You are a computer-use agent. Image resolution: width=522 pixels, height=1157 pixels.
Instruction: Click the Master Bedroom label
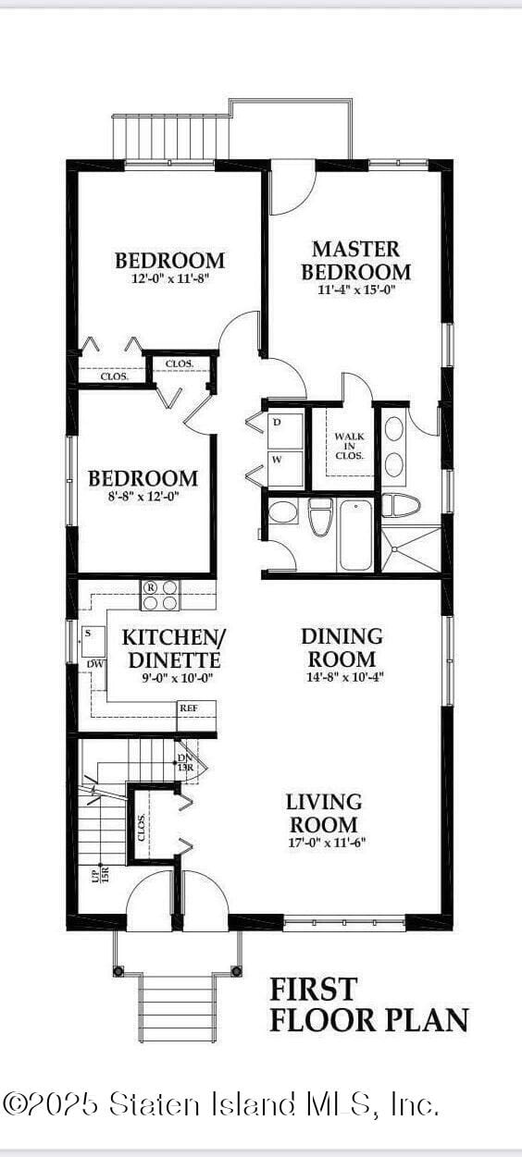pos(356,260)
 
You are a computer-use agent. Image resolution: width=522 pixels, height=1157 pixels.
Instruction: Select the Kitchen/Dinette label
pos(174,648)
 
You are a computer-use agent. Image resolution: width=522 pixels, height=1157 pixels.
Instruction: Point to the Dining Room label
pos(342,647)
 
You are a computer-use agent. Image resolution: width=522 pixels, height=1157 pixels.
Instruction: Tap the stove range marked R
pos(160,596)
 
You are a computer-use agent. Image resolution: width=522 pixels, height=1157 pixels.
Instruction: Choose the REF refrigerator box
pos(196,715)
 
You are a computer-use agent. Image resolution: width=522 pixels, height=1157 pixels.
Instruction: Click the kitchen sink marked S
pos(93,642)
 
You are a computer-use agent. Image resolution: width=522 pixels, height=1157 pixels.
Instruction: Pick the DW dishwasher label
pos(94,664)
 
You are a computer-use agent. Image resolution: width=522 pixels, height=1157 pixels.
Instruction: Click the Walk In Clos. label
pos(350,447)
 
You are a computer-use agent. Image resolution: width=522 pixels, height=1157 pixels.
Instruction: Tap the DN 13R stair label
pos(184,762)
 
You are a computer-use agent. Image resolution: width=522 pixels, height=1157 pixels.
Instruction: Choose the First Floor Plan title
pos(369,1005)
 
